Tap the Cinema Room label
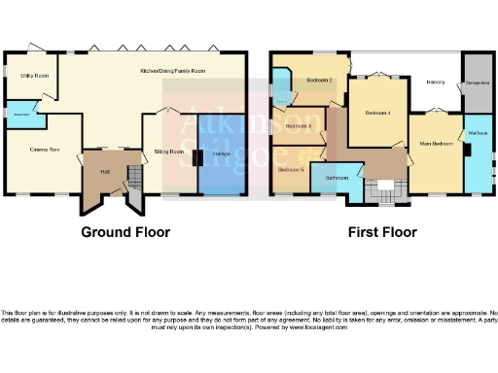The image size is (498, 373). (46, 149)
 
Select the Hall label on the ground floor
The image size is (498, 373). (105, 171)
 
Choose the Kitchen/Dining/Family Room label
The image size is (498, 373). (173, 71)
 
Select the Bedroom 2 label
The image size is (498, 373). (320, 80)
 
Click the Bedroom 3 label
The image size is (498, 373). (299, 126)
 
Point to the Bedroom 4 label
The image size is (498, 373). (377, 113)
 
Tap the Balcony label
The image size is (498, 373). (436, 82)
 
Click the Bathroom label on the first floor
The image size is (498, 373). (337, 179)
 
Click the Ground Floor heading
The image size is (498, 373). (124, 232)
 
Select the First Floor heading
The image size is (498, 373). (382, 232)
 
